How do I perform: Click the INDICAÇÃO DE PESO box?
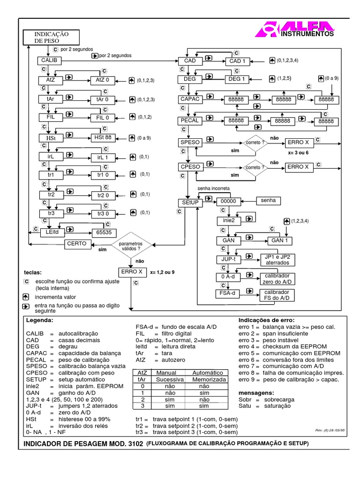(51, 37)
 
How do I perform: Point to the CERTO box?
(76, 244)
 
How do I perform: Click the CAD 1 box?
(238, 61)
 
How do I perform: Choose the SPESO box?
(190, 142)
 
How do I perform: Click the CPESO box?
(190, 166)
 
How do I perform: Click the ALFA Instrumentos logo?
(294, 29)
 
